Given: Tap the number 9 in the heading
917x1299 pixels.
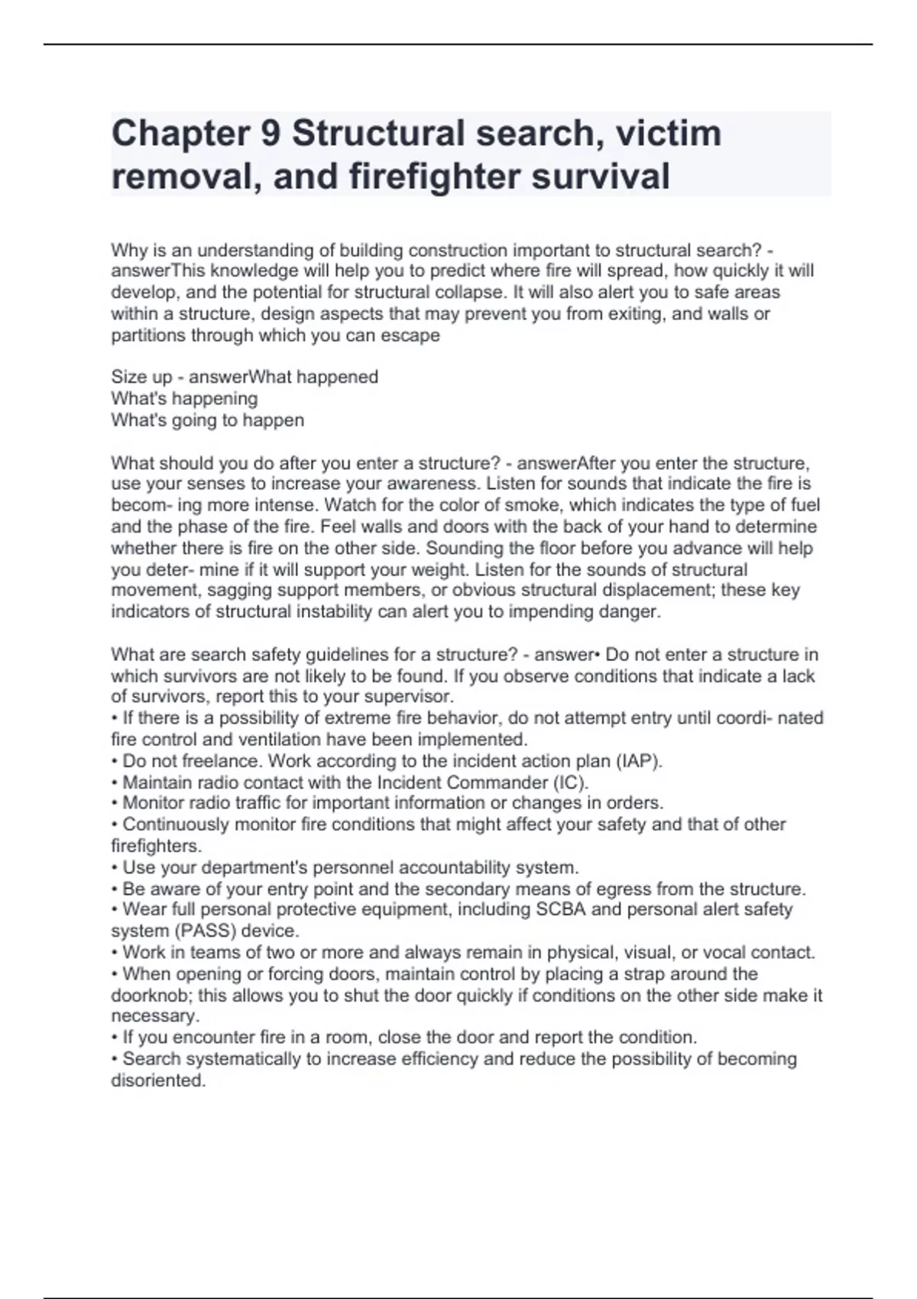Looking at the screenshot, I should click(271, 134).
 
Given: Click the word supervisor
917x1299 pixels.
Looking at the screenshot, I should click(413, 697).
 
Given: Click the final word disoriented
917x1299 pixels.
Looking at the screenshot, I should click(157, 1081).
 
